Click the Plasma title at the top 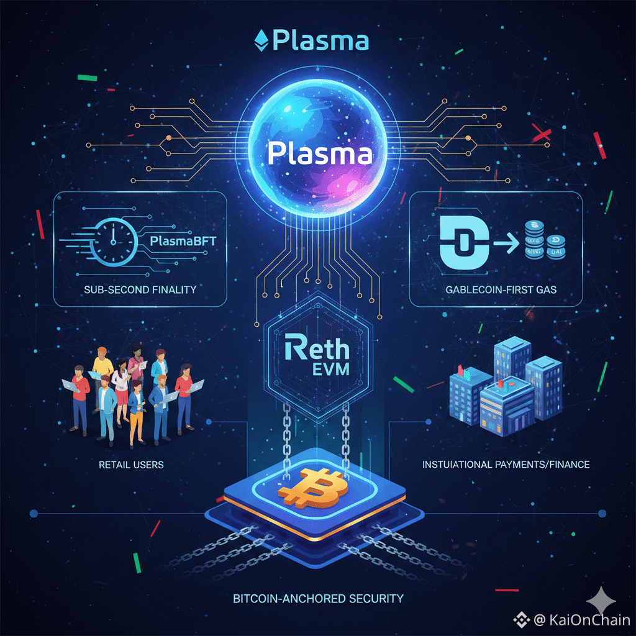[320, 41]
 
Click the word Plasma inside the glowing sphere [320, 153]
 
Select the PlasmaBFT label [183, 241]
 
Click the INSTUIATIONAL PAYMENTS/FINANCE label [506, 464]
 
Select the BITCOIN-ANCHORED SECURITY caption [318, 599]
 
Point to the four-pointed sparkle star [602, 600]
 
